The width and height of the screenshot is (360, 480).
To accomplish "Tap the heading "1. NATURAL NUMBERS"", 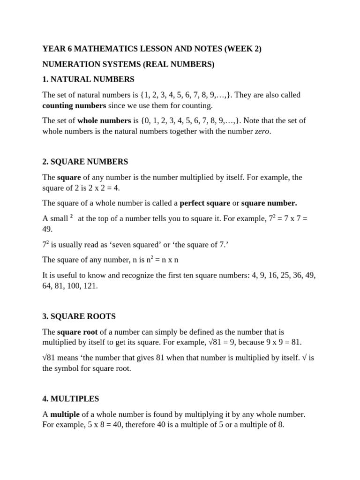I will (88, 79).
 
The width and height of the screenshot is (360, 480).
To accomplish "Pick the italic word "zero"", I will (262, 131).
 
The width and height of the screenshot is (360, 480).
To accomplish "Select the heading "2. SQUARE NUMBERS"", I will (85, 162).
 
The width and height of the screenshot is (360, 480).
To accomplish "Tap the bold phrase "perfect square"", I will (205, 203).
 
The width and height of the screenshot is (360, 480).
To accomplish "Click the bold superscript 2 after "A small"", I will (71, 217).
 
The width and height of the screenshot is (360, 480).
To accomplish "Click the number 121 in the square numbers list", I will (90, 285).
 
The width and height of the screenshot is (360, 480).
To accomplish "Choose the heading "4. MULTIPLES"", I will (71, 399).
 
